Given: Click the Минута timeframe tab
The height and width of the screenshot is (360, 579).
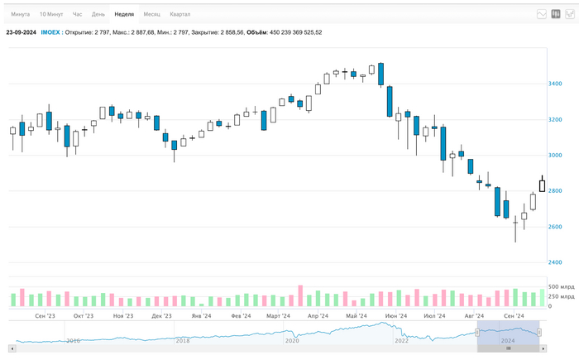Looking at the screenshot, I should pos(20,14).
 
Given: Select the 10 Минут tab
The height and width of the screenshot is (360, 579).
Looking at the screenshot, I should pos(51,14).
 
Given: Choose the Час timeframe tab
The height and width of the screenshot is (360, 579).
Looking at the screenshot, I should pos(78,14).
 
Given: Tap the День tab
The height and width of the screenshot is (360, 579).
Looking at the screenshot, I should pos(98,14).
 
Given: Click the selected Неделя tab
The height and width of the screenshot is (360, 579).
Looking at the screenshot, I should pos(124,14).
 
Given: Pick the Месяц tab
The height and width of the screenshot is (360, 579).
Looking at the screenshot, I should pos(152,14).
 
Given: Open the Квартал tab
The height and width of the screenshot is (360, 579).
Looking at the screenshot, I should pos(179,14).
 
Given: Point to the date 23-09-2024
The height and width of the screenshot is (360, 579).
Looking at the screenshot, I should pos(21,32).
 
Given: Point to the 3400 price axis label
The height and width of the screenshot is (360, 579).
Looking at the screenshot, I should pos(555,84).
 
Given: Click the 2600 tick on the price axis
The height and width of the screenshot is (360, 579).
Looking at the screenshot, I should pos(555,227).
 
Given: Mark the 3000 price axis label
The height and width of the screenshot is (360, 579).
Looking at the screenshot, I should pos(555,156).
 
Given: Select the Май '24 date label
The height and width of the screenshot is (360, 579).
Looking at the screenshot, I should pos(357,315).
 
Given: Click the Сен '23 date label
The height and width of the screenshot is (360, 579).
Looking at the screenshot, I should pos(45,315).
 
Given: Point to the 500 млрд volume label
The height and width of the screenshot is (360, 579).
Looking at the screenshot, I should pos(561,286).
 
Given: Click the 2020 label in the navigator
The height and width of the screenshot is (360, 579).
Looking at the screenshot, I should pos(292,340).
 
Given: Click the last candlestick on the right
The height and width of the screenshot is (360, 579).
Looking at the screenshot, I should pos(543,184).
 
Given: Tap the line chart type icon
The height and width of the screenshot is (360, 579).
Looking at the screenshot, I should pos(542,14).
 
